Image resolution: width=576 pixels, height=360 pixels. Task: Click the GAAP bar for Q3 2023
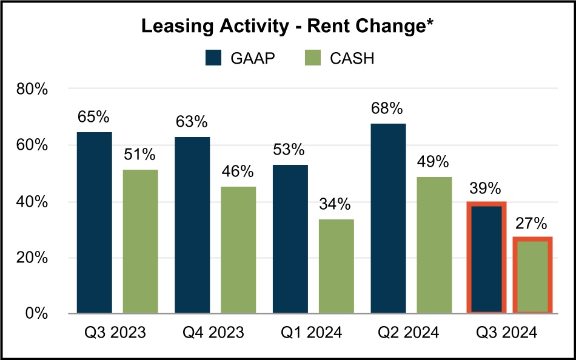point(94,223)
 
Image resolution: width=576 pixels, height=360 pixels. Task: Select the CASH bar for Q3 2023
point(140,242)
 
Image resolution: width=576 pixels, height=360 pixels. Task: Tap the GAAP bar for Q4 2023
point(192,225)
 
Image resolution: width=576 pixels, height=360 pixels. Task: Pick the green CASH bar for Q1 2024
point(337,267)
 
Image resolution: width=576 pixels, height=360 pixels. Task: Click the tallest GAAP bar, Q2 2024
point(388,218)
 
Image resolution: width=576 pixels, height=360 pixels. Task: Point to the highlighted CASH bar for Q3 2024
point(532,275)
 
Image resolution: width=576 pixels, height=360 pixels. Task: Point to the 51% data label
point(140,155)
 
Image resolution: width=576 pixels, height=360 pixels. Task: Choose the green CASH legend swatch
point(315,59)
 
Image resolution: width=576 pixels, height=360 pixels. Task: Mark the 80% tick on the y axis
point(32,90)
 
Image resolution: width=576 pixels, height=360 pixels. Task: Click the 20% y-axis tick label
point(32,258)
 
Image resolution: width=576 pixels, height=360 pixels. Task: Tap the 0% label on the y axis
point(36,313)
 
